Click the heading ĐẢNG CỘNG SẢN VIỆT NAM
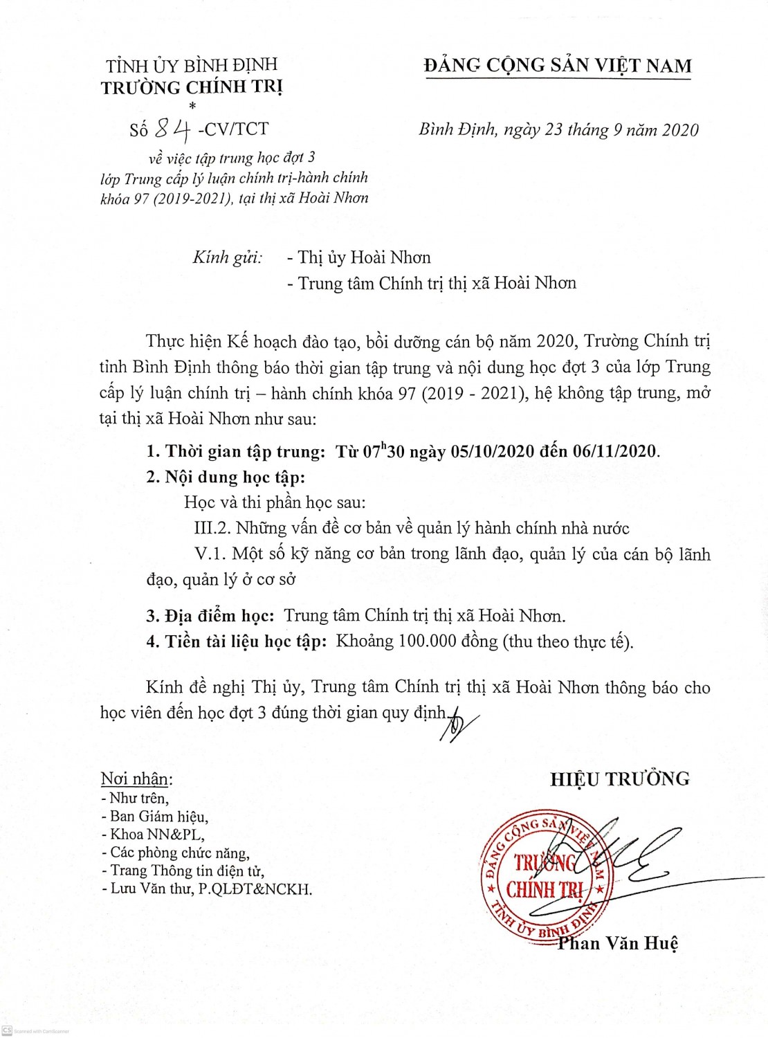point(558,66)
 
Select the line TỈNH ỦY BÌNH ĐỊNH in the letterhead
point(192,66)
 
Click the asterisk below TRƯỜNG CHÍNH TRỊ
point(192,106)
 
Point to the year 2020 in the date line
point(680,130)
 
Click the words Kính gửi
point(227,258)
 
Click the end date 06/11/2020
point(615,452)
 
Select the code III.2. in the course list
point(212,529)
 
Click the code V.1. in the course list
point(210,554)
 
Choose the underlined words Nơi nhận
point(135,779)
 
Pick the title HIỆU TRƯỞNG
point(620,779)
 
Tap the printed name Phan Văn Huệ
point(618,943)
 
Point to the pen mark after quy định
point(459,723)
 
